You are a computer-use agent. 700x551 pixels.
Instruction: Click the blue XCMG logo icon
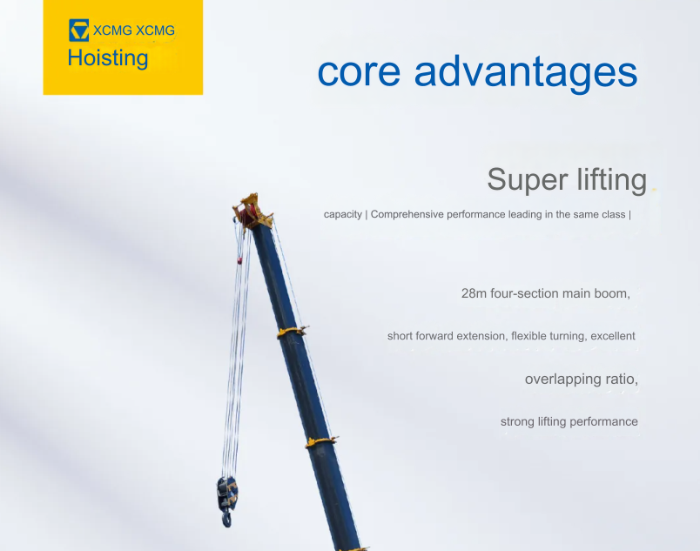tap(79, 30)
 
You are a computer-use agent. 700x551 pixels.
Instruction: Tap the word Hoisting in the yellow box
tap(108, 58)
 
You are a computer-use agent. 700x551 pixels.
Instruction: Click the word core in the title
tap(359, 71)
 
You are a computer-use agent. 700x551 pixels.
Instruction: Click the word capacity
tap(343, 215)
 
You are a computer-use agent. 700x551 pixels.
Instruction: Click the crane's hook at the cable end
tap(227, 518)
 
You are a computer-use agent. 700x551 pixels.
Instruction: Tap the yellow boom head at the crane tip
tap(252, 211)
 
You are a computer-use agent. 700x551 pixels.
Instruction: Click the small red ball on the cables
tap(239, 260)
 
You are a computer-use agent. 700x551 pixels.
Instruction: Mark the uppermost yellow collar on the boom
tap(292, 332)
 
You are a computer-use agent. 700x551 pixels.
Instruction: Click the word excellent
tap(613, 336)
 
